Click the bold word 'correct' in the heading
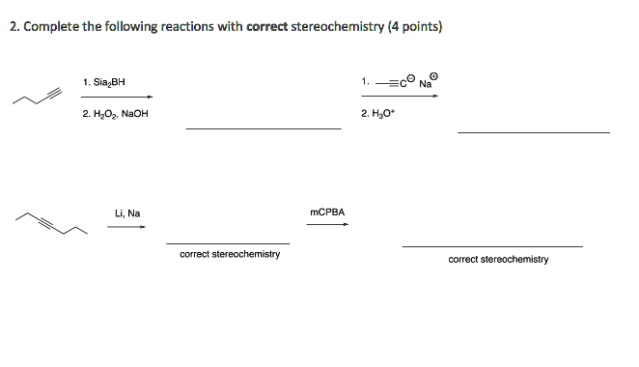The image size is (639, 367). [266, 27]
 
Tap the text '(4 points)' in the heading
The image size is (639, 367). [414, 27]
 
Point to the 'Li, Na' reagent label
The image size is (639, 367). [126, 213]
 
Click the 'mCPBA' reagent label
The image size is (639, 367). [327, 212]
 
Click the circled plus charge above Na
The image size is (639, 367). [433, 75]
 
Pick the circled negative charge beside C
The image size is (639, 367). [410, 79]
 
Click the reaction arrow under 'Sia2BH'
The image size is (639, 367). [117, 97]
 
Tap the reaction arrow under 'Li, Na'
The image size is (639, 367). [125, 227]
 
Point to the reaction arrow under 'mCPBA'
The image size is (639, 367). [327, 225]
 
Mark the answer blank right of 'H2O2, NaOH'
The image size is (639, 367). [264, 127]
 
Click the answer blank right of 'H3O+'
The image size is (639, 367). [533, 131]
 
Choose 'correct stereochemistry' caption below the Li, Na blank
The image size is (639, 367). [230, 254]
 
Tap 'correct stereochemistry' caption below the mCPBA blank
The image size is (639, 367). [498, 260]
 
